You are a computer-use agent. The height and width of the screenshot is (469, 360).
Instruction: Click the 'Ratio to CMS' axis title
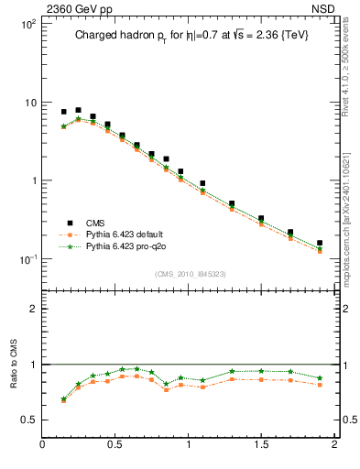[x=14, y=387]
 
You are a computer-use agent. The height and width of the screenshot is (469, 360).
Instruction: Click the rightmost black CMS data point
[x=320, y=244]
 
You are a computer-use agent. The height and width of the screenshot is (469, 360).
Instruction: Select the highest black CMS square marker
[x=78, y=110]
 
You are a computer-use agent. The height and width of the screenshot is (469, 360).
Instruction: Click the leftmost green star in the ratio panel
[x=63, y=398]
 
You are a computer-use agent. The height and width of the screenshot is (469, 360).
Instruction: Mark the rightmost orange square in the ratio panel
[x=320, y=385]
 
